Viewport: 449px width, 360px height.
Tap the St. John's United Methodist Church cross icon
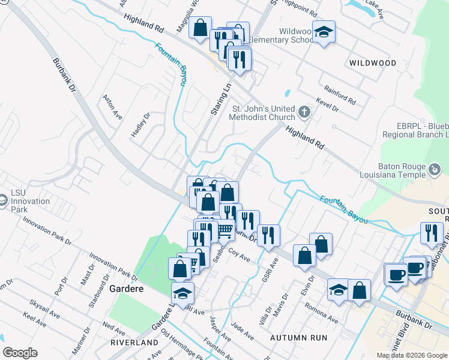pyautogui.click(x=305, y=112)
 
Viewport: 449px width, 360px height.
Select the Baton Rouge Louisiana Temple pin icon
pyautogui.click(x=435, y=170)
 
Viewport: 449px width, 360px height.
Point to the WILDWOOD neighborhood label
pyautogui.click(x=373, y=63)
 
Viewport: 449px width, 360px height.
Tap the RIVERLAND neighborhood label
pyautogui.click(x=134, y=342)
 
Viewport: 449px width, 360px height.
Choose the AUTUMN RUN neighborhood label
pyautogui.click(x=299, y=338)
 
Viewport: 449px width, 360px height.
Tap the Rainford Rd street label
pyautogui.click(x=340, y=94)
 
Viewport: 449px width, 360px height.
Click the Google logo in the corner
pyautogui.click(x=20, y=353)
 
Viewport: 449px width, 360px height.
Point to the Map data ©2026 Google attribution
pyautogui.click(x=412, y=355)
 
